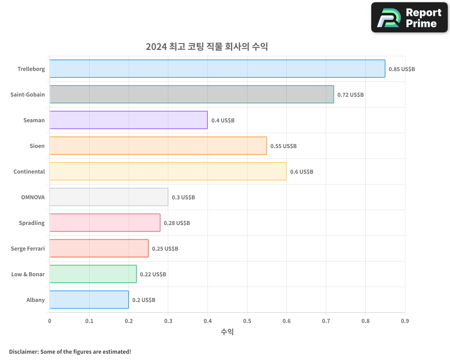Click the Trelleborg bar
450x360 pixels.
coord(217,69)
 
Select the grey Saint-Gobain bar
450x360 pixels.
coord(192,94)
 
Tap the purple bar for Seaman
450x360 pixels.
coord(129,120)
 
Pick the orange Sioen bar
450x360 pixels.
coord(158,146)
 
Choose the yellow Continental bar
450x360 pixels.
coord(168,171)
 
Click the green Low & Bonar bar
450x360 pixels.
coord(93,274)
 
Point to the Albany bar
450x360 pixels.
coord(89,300)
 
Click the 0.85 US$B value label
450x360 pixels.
coord(402,69)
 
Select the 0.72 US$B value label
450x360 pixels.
coord(351,95)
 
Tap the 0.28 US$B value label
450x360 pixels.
coord(177,223)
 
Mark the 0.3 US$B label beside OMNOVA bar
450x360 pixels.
coord(183,198)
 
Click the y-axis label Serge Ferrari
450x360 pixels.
coord(28,248)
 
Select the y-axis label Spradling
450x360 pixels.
coord(31,223)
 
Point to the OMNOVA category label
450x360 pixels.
coord(33,197)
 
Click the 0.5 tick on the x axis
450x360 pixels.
coord(247,321)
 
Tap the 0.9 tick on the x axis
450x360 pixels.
coord(405,321)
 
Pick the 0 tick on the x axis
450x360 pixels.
coord(49,321)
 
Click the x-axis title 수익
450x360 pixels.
coord(227,332)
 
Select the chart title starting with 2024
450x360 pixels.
coord(207,46)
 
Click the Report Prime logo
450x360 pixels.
coord(409,18)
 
